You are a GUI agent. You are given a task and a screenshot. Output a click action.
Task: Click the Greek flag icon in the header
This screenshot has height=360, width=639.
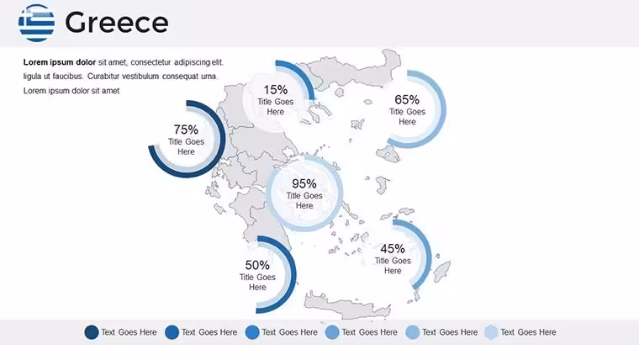pos(37,23)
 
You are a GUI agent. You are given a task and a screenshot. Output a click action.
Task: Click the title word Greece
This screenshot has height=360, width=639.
pos(117,23)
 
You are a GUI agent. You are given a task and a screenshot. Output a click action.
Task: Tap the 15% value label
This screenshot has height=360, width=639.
pos(276,90)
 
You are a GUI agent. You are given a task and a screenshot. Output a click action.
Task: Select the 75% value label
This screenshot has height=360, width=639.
pos(186,130)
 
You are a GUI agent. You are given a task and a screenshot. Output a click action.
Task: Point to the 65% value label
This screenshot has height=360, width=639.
pos(407,100)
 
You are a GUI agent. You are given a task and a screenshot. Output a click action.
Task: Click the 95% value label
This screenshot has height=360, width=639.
pos(304,184)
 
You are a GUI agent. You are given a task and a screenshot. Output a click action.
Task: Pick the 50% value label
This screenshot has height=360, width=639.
pos(257,266)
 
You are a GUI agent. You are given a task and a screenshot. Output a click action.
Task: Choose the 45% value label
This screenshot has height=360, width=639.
pos(393,249)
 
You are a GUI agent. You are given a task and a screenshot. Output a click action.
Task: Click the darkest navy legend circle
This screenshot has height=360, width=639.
pos(92,332)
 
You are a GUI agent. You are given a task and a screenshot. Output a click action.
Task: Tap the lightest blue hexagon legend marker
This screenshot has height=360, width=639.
pos(492,332)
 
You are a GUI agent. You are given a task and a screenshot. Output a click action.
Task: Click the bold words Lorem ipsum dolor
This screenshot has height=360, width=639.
pos(60,62)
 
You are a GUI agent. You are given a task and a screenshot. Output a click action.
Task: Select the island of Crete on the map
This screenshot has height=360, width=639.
pos(347,306)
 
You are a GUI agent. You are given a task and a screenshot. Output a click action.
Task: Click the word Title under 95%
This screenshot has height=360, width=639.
pos(293,196)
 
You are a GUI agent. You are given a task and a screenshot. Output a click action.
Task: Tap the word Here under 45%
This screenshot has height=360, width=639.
pos(393,271)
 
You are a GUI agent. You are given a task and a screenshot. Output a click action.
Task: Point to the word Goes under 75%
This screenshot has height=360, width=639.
pos(194,142)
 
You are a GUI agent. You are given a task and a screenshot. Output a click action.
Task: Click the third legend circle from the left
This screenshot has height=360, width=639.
pos(252,332)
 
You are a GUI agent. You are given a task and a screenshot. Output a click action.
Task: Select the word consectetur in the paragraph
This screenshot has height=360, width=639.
pos(151,62)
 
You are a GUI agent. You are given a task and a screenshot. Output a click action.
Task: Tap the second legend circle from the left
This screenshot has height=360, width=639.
pos(172,332)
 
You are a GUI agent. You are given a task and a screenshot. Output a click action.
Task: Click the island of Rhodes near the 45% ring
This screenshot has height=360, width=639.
pos(441,271)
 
